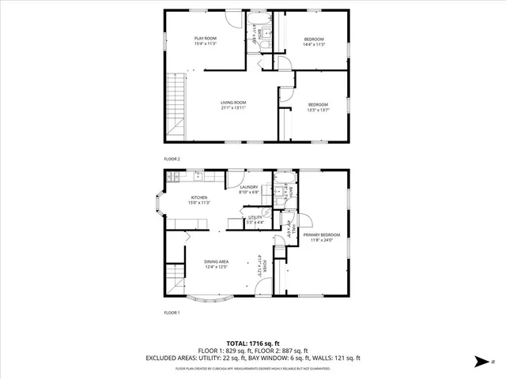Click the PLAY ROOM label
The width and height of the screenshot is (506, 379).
[x=206, y=38]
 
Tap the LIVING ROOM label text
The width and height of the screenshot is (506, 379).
[x=234, y=102]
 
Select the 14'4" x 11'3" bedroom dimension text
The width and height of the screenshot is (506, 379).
[x=315, y=45]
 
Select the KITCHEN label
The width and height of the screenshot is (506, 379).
[x=198, y=197]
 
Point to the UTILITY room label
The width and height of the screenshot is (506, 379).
[x=255, y=216]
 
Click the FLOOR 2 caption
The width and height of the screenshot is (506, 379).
[x=172, y=159]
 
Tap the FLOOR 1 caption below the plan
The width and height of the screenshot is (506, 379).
[x=172, y=313]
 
